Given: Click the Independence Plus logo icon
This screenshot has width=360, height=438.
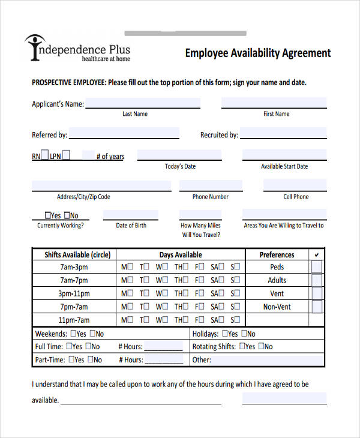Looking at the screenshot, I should coord(34,47).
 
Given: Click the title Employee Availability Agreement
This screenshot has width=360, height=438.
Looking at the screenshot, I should coord(258,53).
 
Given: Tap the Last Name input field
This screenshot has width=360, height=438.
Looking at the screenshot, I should coord(143,103).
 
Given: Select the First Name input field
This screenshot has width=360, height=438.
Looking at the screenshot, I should coord(274,103).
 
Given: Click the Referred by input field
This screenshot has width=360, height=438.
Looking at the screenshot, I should coord(124,133).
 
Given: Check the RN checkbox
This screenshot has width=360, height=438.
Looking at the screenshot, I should coord(44,155).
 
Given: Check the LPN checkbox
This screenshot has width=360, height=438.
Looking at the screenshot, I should coord(66,155).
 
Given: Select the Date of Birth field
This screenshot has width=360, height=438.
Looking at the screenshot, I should coord(130,215).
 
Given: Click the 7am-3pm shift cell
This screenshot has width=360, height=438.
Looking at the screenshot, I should coord(74,267).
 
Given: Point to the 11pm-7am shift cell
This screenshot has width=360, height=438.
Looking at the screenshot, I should coord(74,320).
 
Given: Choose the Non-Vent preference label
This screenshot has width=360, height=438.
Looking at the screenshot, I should coord(277,307).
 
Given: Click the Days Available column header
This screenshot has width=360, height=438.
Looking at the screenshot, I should coord(181,254).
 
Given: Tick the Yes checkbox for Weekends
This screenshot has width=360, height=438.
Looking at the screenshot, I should coord(73,334).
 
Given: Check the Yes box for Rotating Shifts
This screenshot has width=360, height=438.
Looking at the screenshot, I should coord(242,346).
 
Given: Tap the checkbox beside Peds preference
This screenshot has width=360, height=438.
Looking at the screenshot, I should coord(316,267).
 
